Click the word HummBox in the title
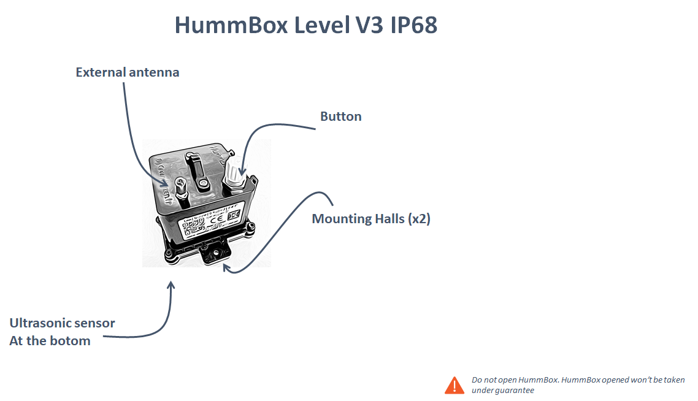pos(231,25)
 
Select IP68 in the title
pos(414,25)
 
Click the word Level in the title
pos(321,25)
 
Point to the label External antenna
pos(128,72)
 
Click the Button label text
pos(341,116)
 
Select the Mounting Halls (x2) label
pos(371,218)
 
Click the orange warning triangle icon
pos(454,386)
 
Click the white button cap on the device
pos(233,171)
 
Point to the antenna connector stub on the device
pos(181,191)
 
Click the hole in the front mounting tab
pos(216,253)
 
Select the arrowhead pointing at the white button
pos(242,170)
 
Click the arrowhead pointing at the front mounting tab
pos(227,267)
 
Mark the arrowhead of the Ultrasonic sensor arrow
pos(171,285)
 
